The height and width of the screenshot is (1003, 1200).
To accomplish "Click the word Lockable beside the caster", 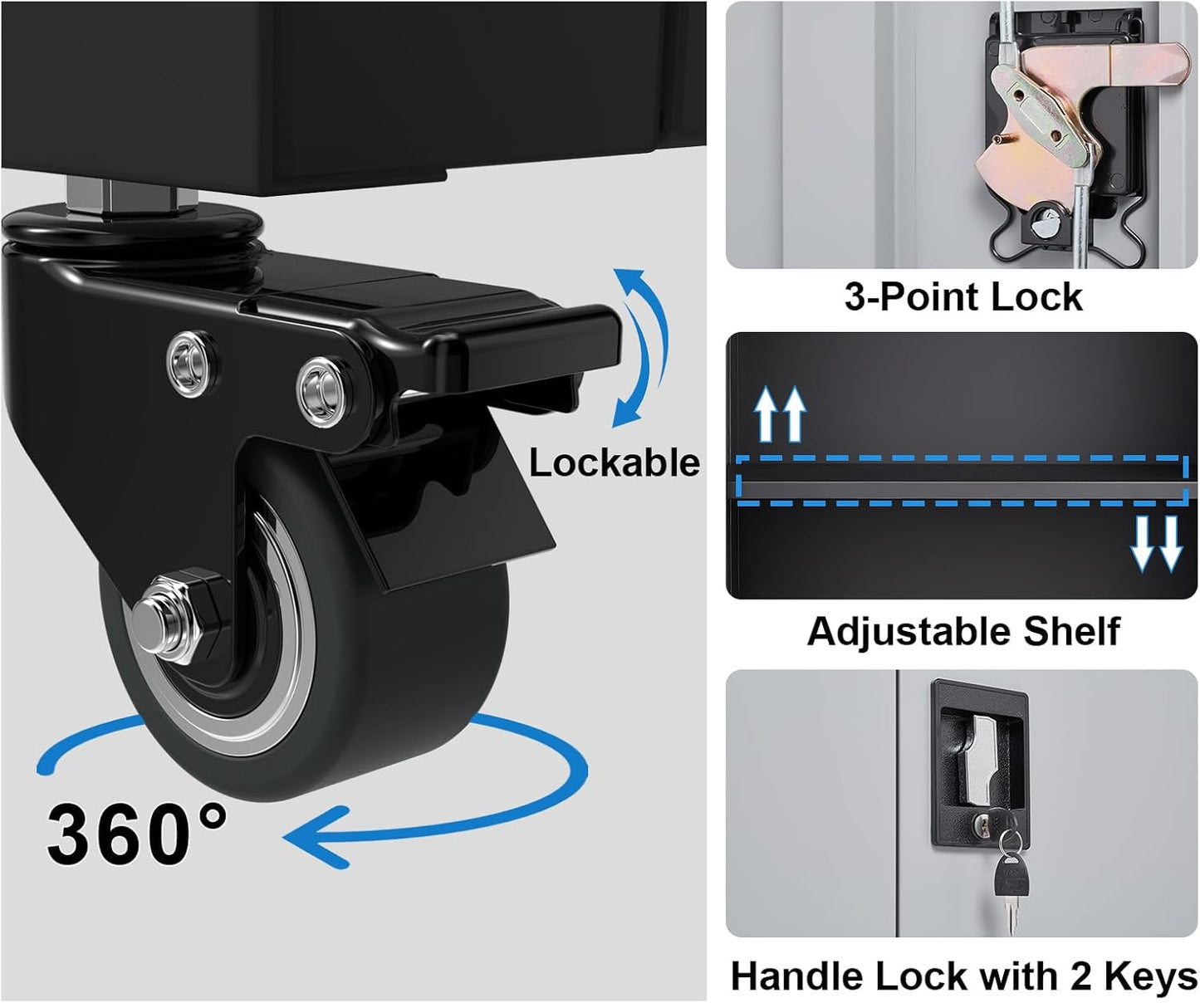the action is tap(614, 462).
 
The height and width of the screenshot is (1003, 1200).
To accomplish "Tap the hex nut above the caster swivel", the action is tap(131, 198).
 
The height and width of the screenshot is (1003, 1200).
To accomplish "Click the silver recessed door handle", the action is tap(981, 761).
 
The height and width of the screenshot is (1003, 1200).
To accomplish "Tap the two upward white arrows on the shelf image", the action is tap(780, 414).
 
